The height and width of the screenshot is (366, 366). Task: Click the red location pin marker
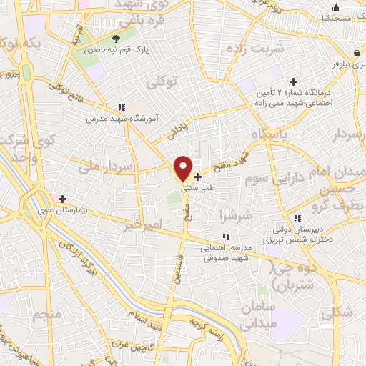point(183,169)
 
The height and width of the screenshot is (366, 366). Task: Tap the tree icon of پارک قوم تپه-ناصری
point(117,38)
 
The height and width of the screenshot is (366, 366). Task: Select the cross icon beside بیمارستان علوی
point(63,199)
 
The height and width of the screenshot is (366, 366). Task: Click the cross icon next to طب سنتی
point(198,176)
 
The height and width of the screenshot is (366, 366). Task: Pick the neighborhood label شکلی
point(336,312)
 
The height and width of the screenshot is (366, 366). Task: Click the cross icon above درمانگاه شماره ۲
point(293,81)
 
